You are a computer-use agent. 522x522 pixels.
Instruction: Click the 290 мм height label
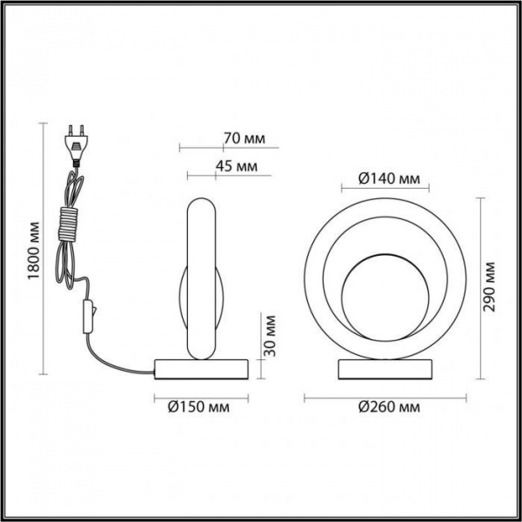492,287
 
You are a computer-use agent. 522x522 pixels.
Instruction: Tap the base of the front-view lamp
384,367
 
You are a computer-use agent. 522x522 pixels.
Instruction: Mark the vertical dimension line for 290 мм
480,287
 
